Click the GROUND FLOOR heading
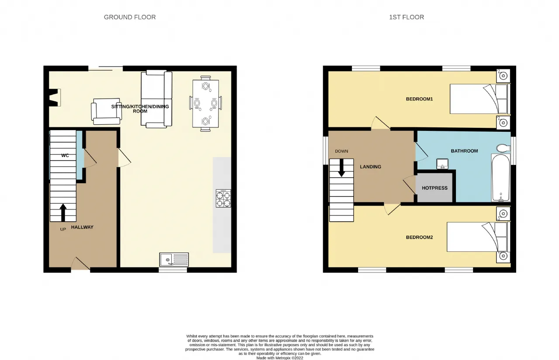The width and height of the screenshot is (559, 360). tap(130, 17)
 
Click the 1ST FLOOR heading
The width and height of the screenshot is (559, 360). tap(407, 17)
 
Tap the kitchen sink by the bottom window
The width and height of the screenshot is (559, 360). tap(174, 260)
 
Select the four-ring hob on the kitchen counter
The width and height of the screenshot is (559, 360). tap(223, 198)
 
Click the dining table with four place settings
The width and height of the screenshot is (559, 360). tap(206, 104)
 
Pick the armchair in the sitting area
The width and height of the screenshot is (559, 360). tap(106, 111)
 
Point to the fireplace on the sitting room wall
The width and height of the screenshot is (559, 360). tap(55, 97)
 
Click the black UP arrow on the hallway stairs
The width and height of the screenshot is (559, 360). tap(63, 213)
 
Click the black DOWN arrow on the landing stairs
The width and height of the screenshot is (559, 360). tap(342, 168)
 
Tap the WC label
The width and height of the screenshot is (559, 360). tap(65, 156)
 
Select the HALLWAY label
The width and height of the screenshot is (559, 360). tap(82, 227)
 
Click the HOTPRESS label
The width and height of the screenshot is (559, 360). tap(435, 188)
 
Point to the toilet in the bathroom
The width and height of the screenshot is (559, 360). tap(504, 148)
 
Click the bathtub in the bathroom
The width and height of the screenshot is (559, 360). tap(500, 178)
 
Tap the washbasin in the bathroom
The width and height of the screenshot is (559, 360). tap(442, 164)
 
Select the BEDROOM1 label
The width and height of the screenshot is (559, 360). tap(419, 99)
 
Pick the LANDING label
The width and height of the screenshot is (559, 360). tap(370, 167)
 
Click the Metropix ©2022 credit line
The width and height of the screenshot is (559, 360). tap(280, 358)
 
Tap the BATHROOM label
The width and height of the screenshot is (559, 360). tap(464, 151)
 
